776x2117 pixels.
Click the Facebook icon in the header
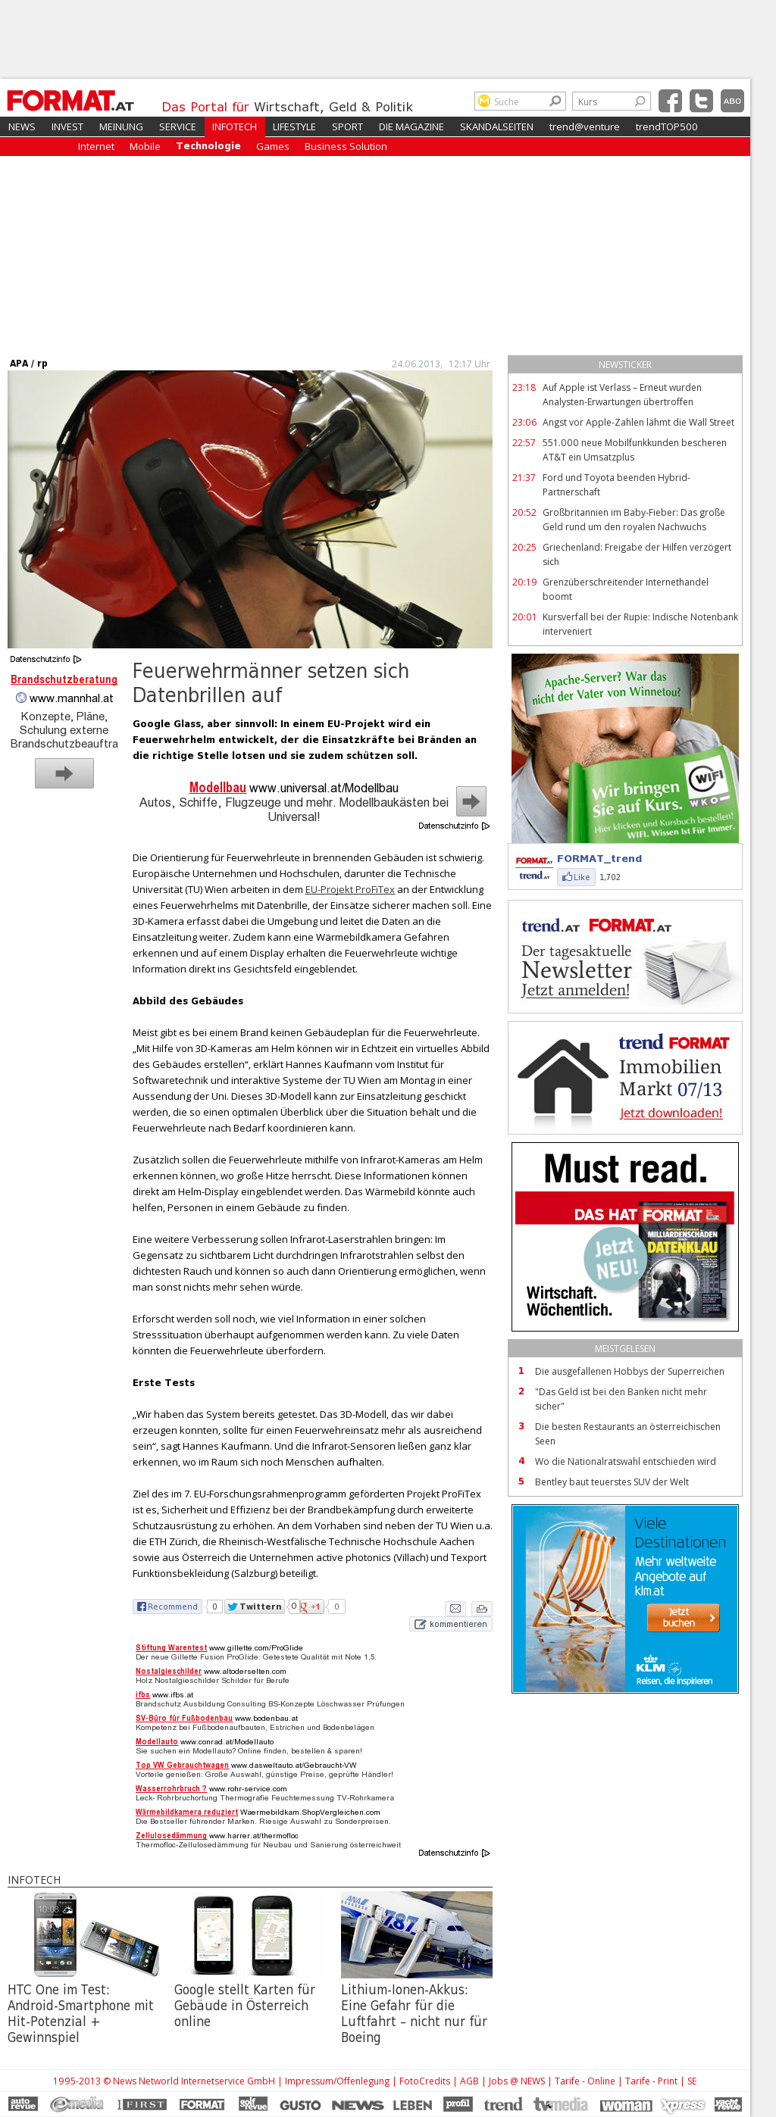(x=670, y=101)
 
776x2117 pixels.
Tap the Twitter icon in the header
(x=701, y=101)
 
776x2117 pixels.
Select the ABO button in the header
(x=731, y=101)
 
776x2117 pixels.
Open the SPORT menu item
(x=347, y=127)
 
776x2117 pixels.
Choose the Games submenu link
(x=272, y=147)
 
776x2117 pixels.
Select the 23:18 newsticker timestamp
(x=524, y=388)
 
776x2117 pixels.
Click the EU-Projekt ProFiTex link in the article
(x=349, y=890)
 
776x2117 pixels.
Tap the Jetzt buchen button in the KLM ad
(x=682, y=1617)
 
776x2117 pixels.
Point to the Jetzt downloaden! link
(x=671, y=1113)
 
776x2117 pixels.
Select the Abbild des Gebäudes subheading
(x=187, y=1001)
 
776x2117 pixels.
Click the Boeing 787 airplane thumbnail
(x=416, y=1934)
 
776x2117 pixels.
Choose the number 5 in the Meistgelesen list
(x=521, y=1482)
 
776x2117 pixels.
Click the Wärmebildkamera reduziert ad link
(x=186, y=1812)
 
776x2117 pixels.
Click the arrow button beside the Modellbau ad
(x=471, y=801)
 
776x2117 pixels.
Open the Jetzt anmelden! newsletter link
(x=575, y=990)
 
